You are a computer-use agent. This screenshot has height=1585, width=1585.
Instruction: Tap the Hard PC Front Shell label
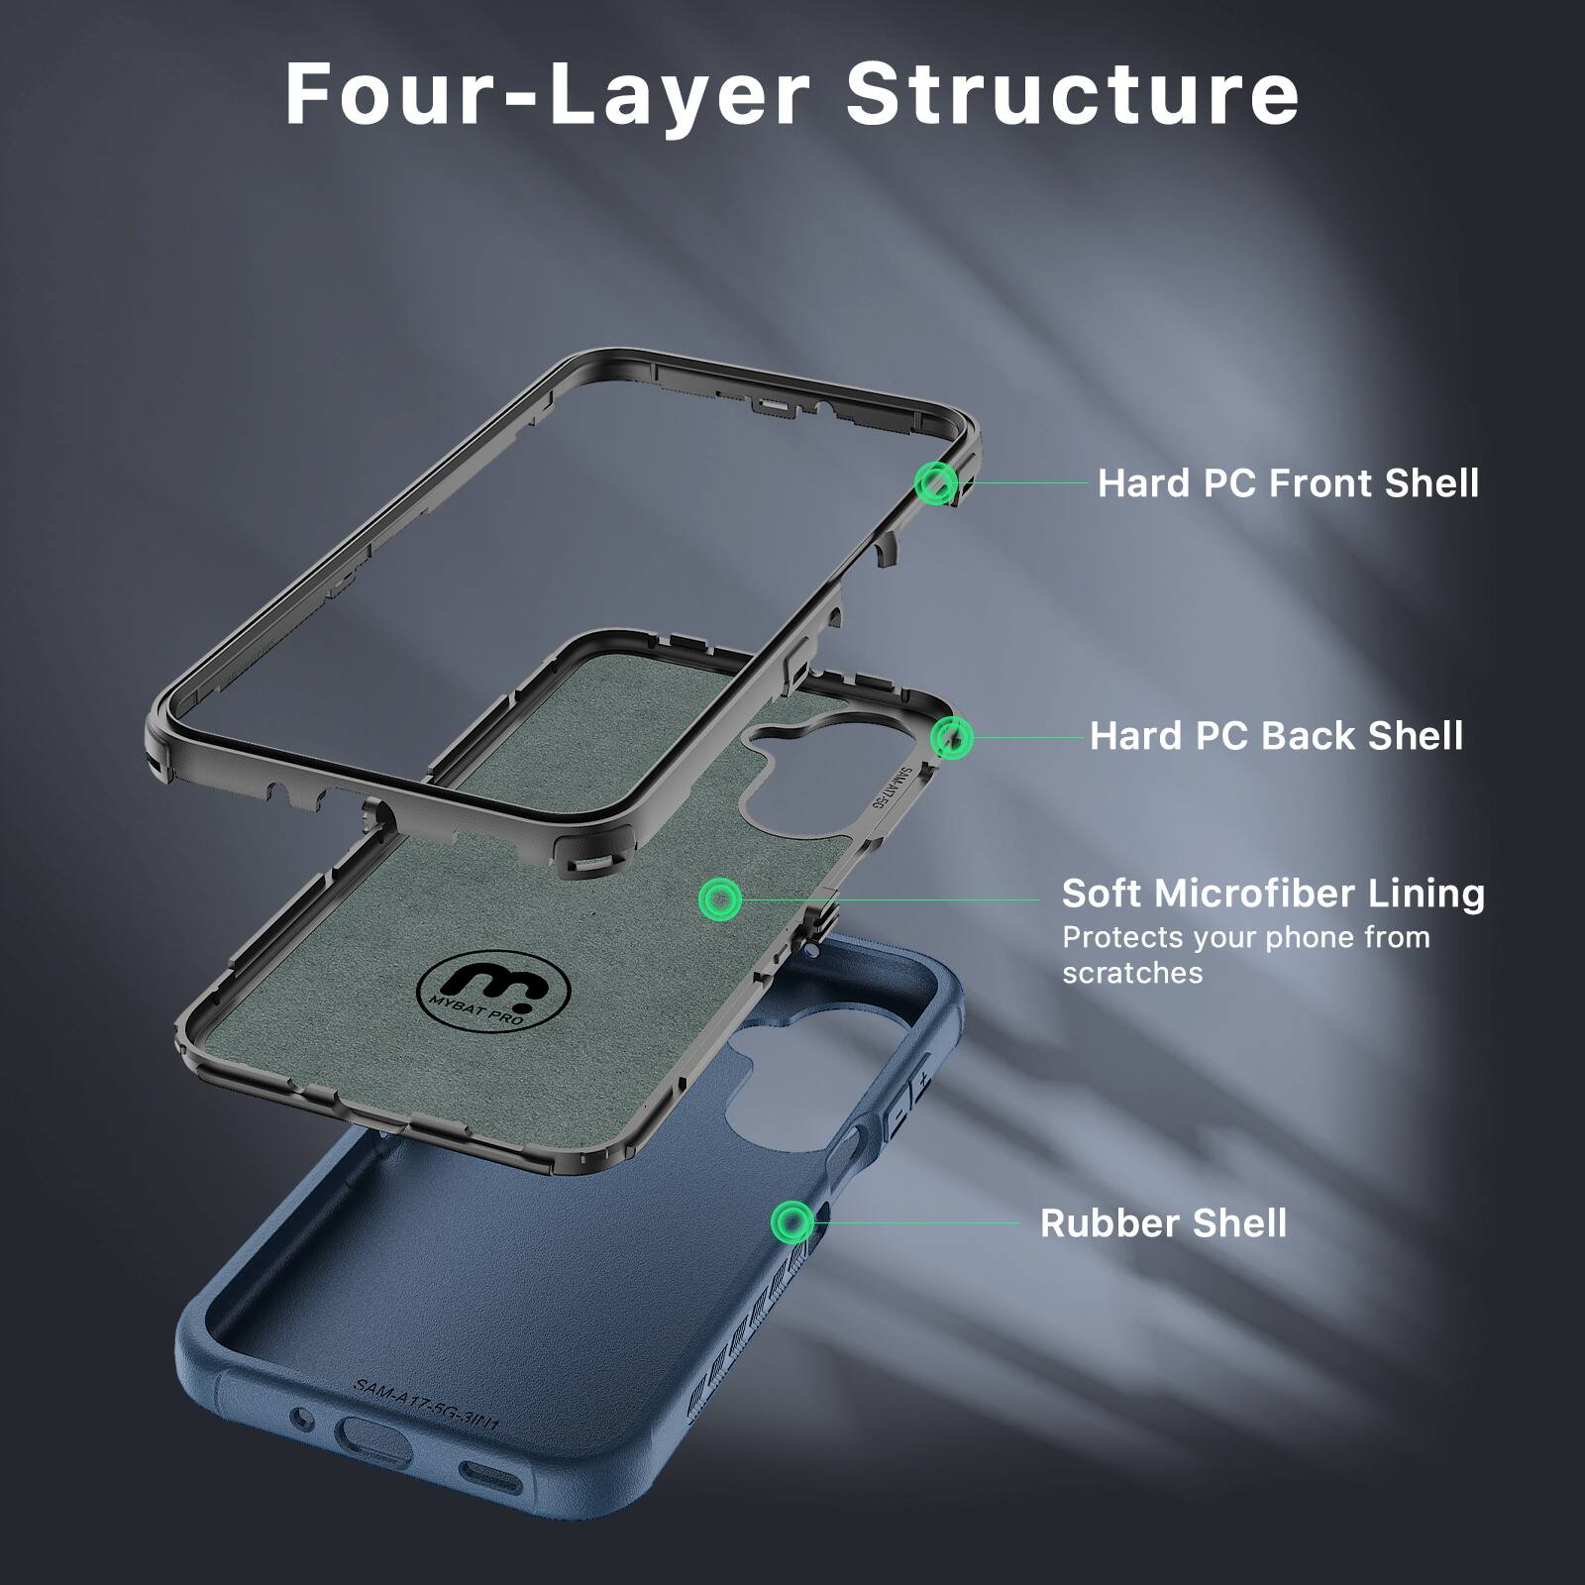pyautogui.click(x=1288, y=483)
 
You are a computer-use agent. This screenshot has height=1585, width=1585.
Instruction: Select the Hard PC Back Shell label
pyautogui.click(x=1276, y=736)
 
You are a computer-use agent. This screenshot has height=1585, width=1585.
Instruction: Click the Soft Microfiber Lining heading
pyautogui.click(x=1273, y=894)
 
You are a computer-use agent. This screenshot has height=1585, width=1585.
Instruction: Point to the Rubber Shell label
pyautogui.click(x=1163, y=1223)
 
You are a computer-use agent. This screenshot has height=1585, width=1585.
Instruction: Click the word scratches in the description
pyautogui.click(x=1132, y=973)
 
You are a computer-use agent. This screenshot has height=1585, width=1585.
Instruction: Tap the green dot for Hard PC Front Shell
pyautogui.click(x=935, y=484)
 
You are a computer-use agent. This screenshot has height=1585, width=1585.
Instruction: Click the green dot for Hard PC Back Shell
pyautogui.click(x=952, y=737)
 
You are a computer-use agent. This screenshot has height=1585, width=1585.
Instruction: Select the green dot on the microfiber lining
pyautogui.click(x=719, y=899)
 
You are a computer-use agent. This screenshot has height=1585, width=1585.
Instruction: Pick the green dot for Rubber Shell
pyautogui.click(x=792, y=1222)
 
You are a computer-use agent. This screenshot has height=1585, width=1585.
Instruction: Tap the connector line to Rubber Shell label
pyautogui.click(x=916, y=1222)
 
